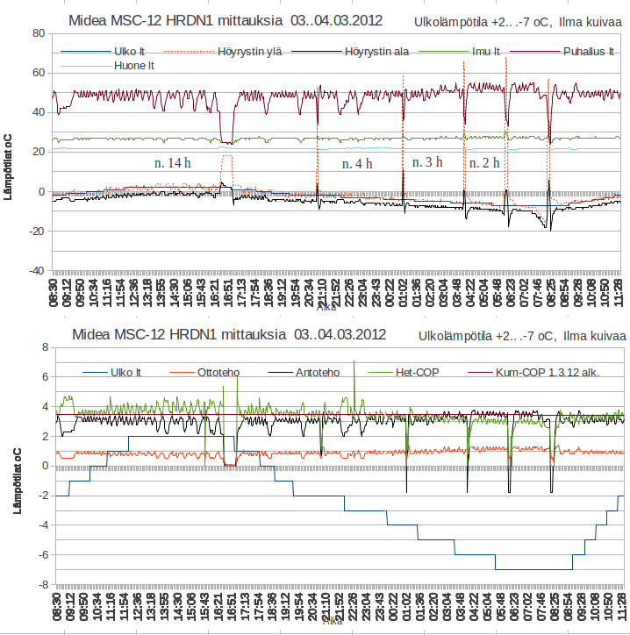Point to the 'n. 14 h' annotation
pos(173,163)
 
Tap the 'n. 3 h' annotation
pos(427,162)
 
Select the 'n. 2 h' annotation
pos(484,163)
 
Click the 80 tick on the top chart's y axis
pos(39,33)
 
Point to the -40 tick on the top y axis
pos(35,271)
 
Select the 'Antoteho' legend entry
pos(319,372)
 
